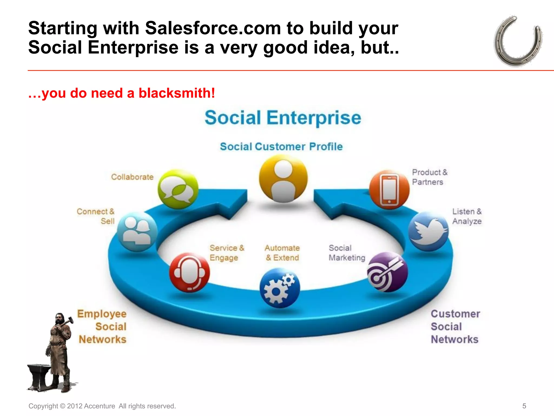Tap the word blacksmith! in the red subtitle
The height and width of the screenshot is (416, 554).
point(177,93)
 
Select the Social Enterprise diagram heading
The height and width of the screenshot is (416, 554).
point(283,118)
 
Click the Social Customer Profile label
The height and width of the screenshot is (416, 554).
point(281,147)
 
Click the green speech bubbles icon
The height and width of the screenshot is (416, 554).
point(178,189)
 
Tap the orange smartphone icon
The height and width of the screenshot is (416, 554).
point(389,190)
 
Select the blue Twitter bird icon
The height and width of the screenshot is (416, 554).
point(428,231)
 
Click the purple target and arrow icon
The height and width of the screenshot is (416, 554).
point(387,272)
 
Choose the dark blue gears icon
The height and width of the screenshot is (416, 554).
point(279,288)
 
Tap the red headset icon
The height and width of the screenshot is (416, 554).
point(189,272)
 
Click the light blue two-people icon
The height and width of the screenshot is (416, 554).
point(137,232)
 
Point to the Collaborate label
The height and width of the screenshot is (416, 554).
point(132,177)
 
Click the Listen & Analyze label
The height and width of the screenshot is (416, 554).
point(467,216)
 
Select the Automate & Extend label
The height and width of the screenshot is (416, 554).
point(282,253)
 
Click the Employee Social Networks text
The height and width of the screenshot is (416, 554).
point(102,326)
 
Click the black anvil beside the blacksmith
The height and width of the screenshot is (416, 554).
point(39,376)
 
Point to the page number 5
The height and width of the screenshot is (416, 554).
point(524,406)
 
